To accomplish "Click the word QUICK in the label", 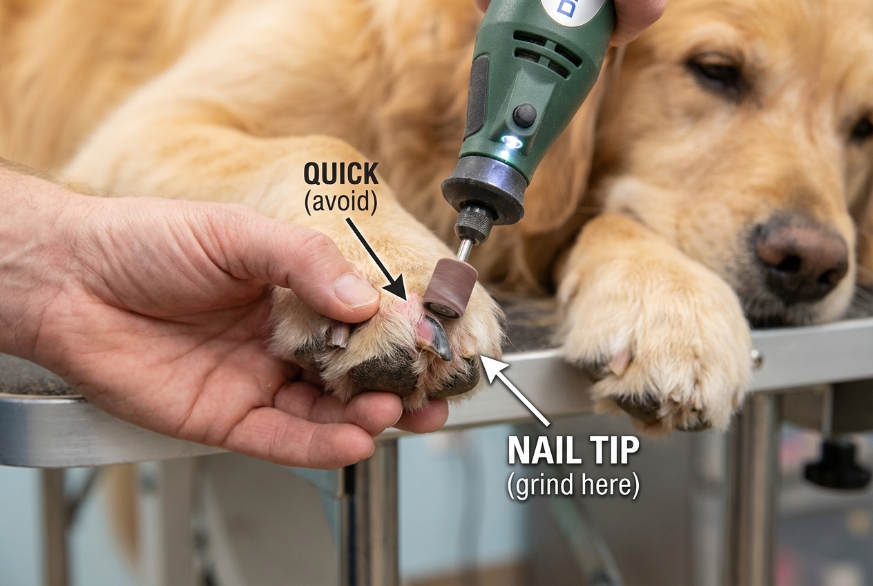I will click(341, 174).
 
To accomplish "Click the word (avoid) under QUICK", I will click(341, 203).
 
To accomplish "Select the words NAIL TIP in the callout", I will click(573, 451).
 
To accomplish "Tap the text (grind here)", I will click(573, 485).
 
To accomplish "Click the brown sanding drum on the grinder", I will click(450, 290).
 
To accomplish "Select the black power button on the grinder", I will click(524, 115).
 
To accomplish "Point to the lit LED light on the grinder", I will click(512, 142).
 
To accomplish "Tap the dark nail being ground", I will click(436, 337).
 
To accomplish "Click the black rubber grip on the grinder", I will click(477, 97).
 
